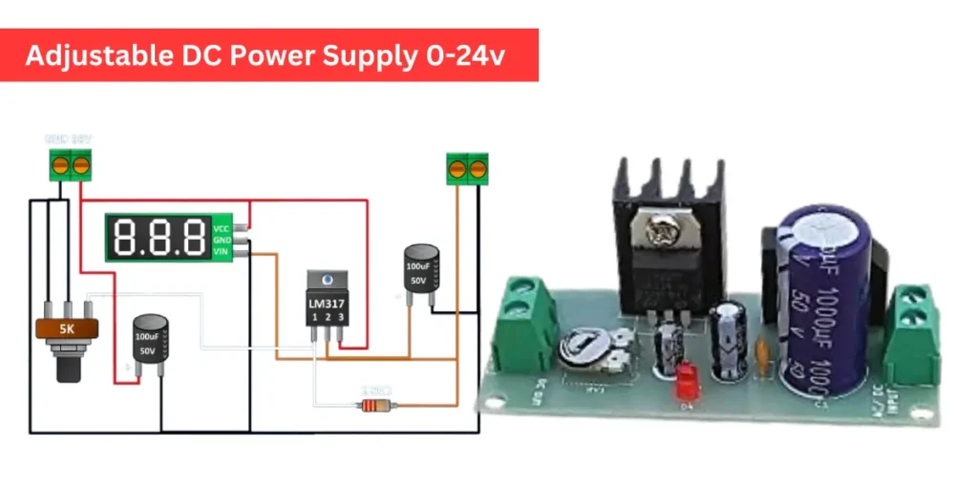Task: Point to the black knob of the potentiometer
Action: pos(67,367)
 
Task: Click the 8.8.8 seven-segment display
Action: pos(159,237)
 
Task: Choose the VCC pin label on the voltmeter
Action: pos(222,228)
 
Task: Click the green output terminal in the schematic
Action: pos(466,169)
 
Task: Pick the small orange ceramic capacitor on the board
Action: pos(761,355)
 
